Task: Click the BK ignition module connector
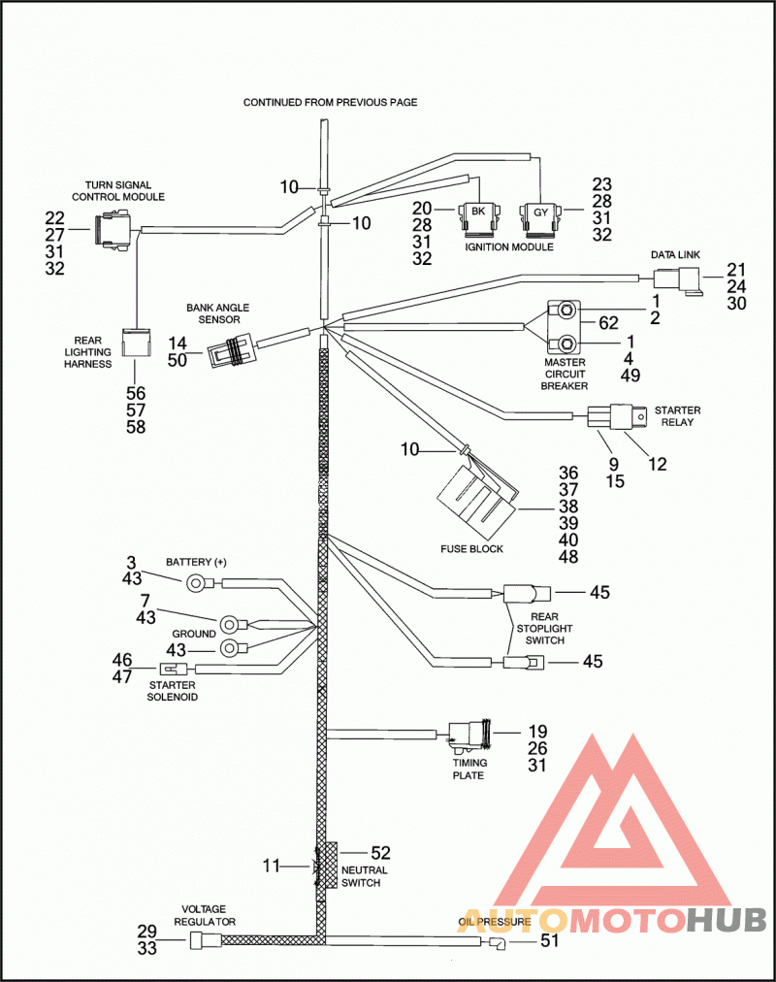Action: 478,218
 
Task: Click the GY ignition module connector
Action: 540,218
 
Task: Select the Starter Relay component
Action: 616,416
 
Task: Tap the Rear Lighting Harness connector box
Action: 136,343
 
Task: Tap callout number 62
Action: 608,323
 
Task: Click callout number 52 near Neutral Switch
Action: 380,853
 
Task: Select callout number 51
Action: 549,940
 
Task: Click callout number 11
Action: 271,866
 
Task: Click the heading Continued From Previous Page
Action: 331,102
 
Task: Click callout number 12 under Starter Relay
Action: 658,464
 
